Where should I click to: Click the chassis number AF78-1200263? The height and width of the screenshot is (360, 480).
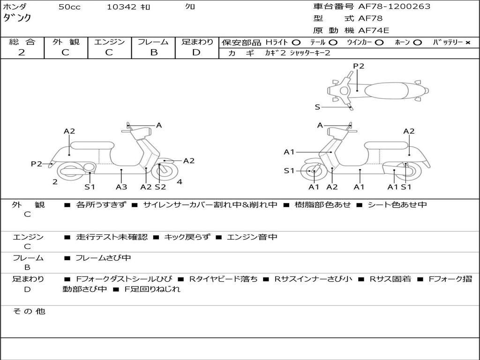[394, 6]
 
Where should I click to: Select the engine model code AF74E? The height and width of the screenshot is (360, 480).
[374, 30]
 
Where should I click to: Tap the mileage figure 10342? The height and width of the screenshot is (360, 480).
[121, 7]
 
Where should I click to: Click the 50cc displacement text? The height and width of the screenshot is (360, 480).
[69, 7]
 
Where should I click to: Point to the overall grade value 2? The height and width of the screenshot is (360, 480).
[22, 52]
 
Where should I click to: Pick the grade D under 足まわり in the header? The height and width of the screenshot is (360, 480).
[196, 52]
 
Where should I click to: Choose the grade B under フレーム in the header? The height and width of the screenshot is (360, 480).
[154, 52]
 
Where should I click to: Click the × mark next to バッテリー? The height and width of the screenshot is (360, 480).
[468, 43]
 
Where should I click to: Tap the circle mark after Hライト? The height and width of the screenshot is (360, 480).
[296, 43]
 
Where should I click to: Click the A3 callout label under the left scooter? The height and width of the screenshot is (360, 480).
[121, 187]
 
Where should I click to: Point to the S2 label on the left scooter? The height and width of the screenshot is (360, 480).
[160, 187]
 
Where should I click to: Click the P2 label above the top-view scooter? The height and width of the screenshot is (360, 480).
[359, 66]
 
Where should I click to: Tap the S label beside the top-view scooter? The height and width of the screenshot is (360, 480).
[317, 107]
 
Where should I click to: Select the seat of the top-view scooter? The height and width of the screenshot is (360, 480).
[386, 91]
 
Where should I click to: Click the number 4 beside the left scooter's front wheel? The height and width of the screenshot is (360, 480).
[180, 182]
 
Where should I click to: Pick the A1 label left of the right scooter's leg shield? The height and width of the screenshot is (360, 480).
[289, 152]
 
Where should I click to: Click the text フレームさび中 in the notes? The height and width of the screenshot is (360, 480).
[103, 258]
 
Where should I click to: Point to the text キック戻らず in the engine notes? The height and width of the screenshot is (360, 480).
[187, 237]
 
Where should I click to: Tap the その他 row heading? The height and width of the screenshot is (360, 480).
[29, 311]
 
